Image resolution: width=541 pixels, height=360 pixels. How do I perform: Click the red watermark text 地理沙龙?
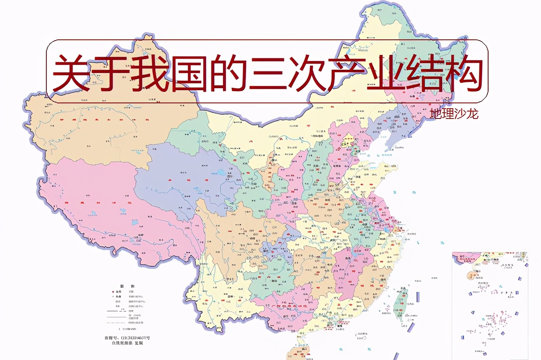pyautogui.click(x=454, y=114)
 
